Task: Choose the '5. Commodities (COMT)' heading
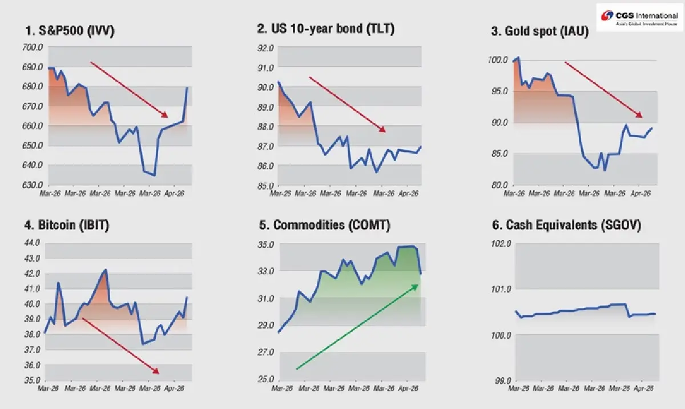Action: [325, 225]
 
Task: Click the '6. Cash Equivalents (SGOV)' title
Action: [566, 225]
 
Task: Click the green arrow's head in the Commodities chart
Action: [416, 286]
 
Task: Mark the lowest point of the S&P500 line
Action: [154, 175]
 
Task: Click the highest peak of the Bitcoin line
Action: [106, 270]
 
